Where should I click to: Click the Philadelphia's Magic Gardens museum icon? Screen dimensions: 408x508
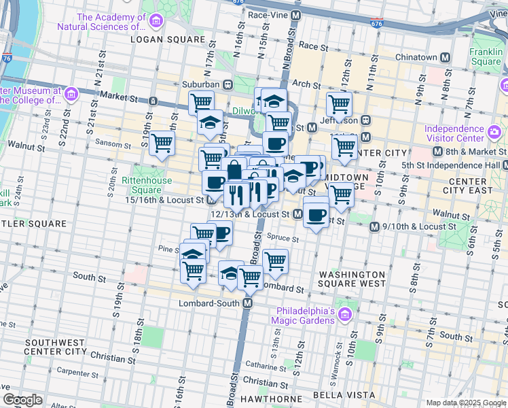click(x=344, y=313)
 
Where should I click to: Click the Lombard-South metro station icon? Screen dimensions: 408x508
click(x=249, y=303)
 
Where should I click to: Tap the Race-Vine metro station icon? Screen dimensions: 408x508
click(x=295, y=14)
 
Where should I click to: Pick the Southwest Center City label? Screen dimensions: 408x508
click(x=55, y=347)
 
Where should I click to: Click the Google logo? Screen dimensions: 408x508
click(x=22, y=400)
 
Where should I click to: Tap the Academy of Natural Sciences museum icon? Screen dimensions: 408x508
click(x=156, y=21)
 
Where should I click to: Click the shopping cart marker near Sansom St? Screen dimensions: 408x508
click(x=162, y=143)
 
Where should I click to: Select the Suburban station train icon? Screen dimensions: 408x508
click(x=228, y=84)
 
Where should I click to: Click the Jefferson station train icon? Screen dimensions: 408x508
click(x=365, y=120)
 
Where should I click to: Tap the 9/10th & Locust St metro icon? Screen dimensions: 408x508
click(x=374, y=226)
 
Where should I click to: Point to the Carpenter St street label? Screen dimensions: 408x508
click(x=78, y=372)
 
